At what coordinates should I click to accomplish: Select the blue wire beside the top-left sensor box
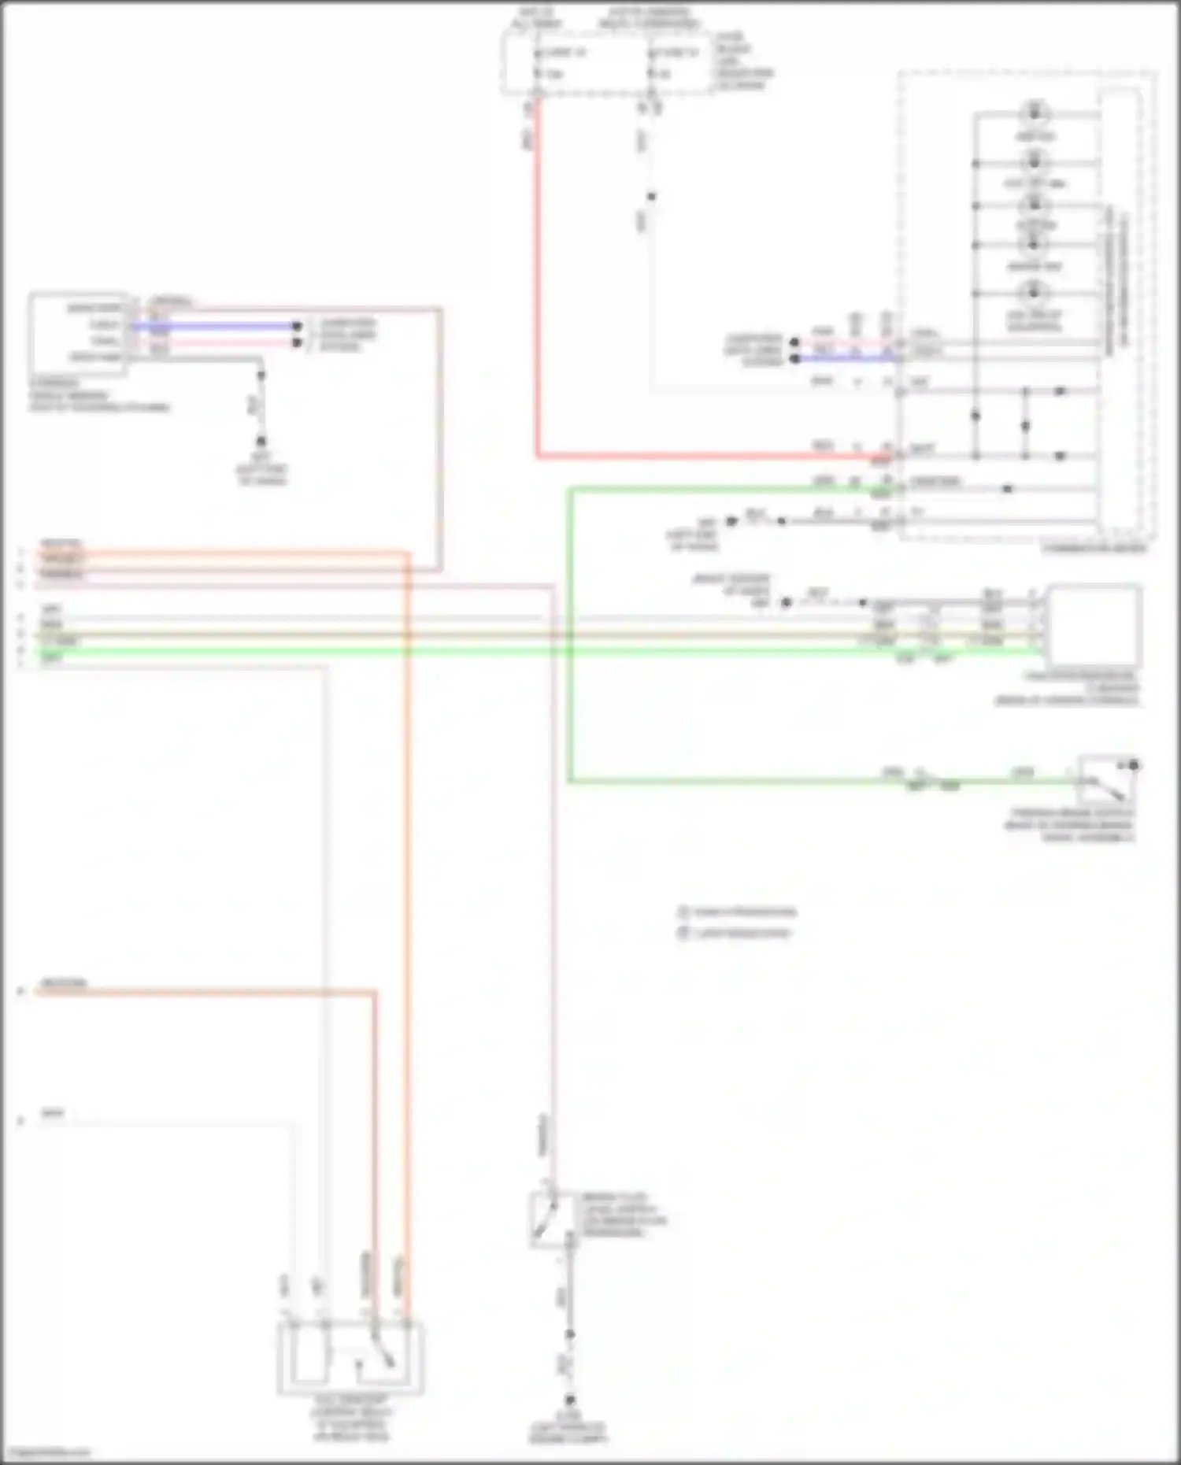213,325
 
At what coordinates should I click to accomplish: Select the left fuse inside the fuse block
536,63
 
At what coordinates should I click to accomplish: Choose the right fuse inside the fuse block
650,63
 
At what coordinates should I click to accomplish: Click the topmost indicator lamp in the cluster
1035,113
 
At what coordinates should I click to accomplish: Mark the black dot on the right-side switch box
1134,765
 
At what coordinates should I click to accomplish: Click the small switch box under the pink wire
551,1219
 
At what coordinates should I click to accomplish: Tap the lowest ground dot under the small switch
569,1400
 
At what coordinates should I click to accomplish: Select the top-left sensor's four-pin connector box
79,333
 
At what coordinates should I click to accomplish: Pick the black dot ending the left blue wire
297,326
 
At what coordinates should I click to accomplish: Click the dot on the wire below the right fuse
650,197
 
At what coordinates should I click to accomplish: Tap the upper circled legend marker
683,912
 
